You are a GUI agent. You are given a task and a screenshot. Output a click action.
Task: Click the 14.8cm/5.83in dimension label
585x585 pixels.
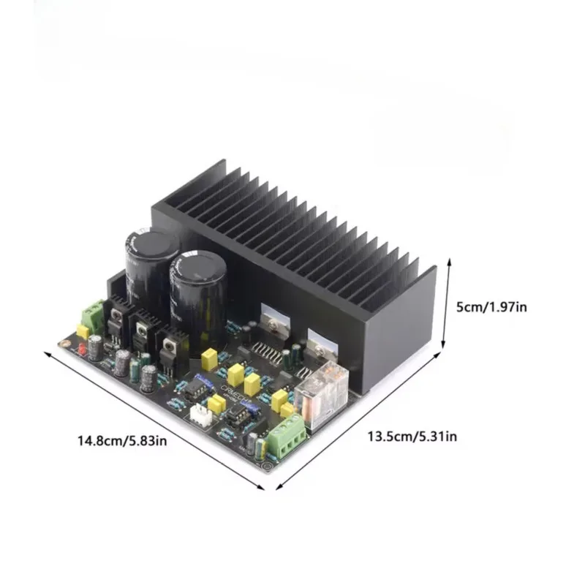[122, 441]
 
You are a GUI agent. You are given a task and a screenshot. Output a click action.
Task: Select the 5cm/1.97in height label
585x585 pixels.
[491, 307]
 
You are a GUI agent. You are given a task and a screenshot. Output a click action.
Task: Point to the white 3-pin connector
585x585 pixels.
[200, 415]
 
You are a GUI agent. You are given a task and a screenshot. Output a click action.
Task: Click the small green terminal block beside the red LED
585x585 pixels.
[94, 314]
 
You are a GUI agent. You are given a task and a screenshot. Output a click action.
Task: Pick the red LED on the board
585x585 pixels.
[81, 351]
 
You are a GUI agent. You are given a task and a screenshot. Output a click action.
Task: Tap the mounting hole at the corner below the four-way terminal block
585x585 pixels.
[270, 458]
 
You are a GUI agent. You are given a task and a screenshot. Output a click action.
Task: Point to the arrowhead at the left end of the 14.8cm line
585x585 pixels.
[48, 353]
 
